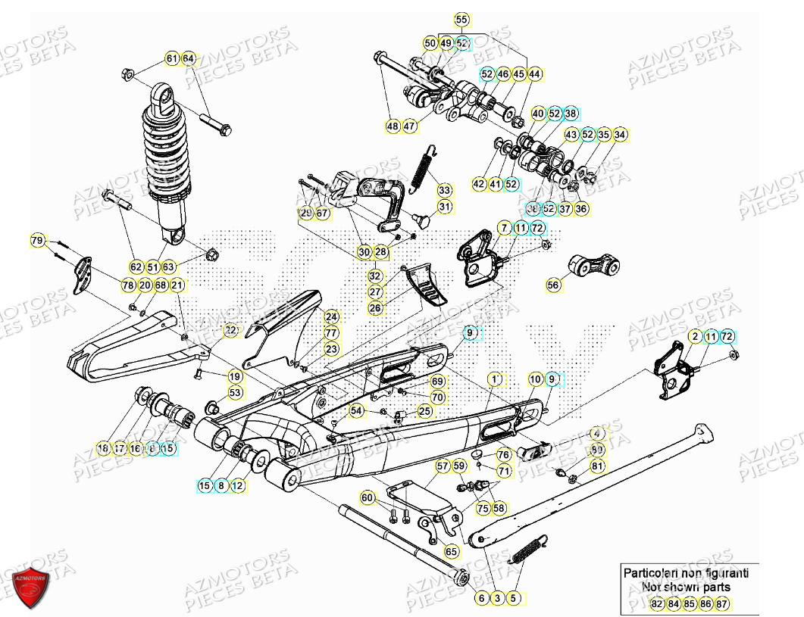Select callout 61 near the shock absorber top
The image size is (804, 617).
[x=171, y=58]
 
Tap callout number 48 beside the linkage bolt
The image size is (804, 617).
[x=392, y=126]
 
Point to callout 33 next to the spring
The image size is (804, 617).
[x=444, y=190]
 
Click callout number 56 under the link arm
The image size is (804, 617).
[x=553, y=285]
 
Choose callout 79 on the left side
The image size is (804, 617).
[x=37, y=241]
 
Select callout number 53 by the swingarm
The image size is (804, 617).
[x=235, y=393]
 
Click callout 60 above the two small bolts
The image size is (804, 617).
[x=368, y=497]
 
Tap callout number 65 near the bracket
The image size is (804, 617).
[x=451, y=553]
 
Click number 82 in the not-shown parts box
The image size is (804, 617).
[x=656, y=604]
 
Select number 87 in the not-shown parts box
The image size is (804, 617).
[x=721, y=604]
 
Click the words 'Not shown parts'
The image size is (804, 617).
[x=686, y=587]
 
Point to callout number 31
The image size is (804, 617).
[x=444, y=207]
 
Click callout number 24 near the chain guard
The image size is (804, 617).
[x=331, y=316]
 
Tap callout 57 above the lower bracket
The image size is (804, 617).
[x=443, y=466]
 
